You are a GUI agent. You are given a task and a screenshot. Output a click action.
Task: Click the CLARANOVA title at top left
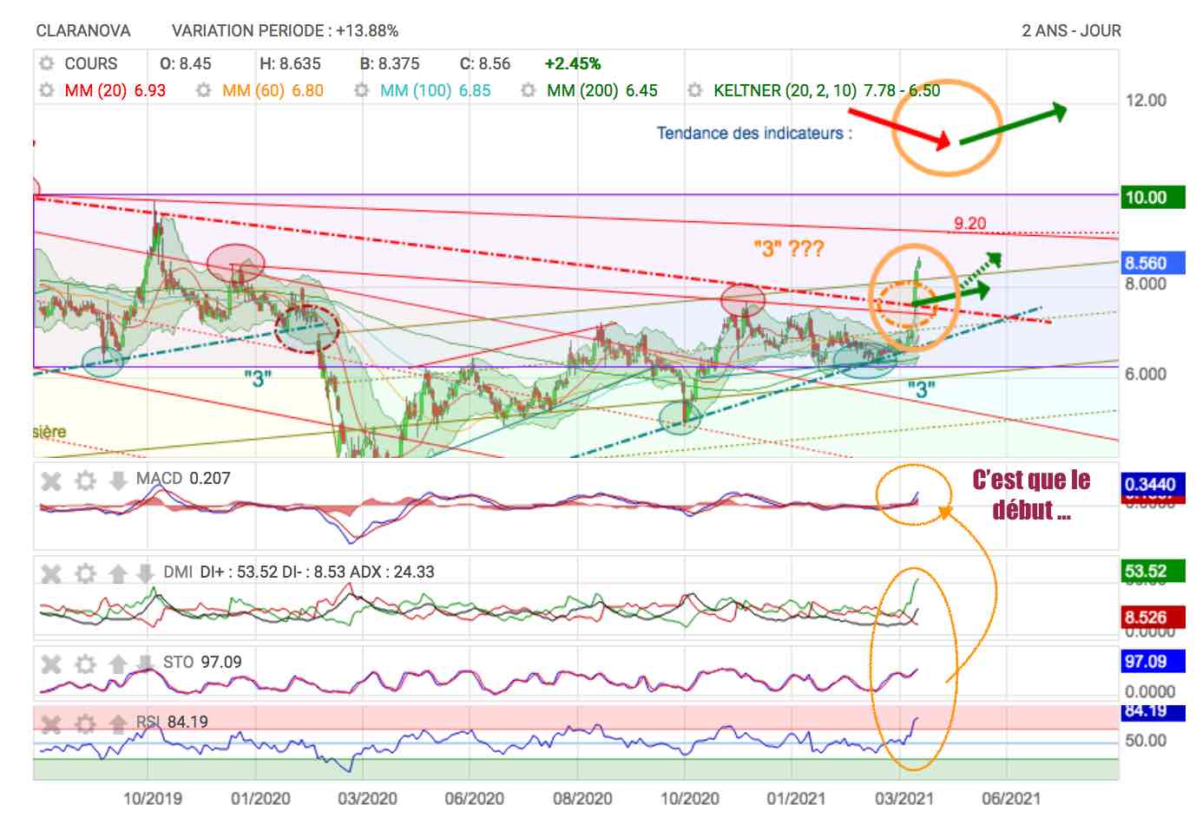pyautogui.click(x=82, y=31)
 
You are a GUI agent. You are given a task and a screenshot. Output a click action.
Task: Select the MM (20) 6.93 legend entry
pyautogui.click(x=115, y=90)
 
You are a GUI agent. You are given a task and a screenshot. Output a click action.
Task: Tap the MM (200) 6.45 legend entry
pyautogui.click(x=601, y=90)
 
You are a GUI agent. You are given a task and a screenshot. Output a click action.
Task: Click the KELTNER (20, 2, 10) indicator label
pyautogui.click(x=784, y=90)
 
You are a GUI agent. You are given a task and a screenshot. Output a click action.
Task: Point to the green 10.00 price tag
pyautogui.click(x=1145, y=197)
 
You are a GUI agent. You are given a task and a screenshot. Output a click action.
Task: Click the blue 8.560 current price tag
pyautogui.click(x=1145, y=263)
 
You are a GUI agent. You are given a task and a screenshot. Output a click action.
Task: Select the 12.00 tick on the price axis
pyautogui.click(x=1146, y=101)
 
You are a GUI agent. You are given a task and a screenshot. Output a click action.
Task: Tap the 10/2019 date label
pyautogui.click(x=152, y=798)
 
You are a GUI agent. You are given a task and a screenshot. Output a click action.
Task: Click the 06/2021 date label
pyautogui.click(x=1010, y=798)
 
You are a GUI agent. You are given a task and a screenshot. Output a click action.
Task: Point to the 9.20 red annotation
pyautogui.click(x=969, y=224)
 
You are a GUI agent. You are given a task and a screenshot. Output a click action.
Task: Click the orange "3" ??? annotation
pyautogui.click(x=788, y=250)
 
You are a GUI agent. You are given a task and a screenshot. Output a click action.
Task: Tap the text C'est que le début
pyautogui.click(x=1031, y=494)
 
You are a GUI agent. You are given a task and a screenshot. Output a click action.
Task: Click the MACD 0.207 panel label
pyautogui.click(x=183, y=479)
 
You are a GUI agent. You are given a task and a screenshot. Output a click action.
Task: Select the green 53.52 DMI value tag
pyautogui.click(x=1145, y=572)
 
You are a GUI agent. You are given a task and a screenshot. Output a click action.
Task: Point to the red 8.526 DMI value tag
pyautogui.click(x=1145, y=618)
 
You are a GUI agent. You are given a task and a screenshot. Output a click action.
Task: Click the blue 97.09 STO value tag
pyautogui.click(x=1145, y=663)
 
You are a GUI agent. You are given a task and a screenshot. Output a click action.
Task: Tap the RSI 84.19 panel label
pyautogui.click(x=172, y=722)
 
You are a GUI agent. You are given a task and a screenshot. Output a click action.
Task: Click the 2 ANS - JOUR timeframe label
pyautogui.click(x=1071, y=31)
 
